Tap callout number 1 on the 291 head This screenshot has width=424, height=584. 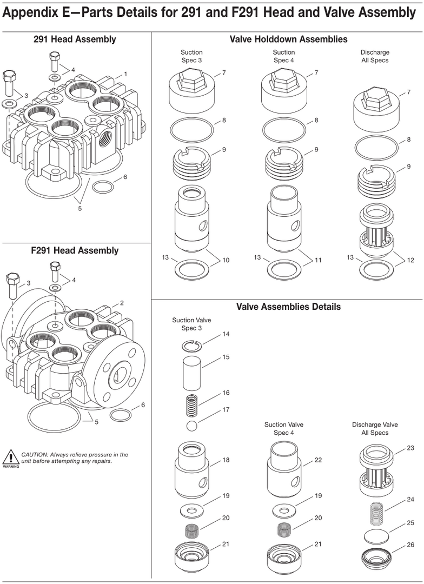click(x=125, y=74)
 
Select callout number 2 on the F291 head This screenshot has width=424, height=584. click(x=122, y=303)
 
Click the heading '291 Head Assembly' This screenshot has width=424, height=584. click(x=75, y=39)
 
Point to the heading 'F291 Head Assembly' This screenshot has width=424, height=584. click(x=75, y=250)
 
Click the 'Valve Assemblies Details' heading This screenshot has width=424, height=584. click(x=288, y=307)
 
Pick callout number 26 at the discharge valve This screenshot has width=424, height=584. click(x=410, y=545)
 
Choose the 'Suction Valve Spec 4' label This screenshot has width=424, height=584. click(x=283, y=429)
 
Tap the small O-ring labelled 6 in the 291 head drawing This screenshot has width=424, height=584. click(x=103, y=187)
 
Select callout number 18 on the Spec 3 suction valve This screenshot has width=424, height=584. click(x=226, y=460)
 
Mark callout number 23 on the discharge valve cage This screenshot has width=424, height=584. click(x=410, y=448)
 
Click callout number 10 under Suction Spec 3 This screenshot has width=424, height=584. click(x=226, y=260)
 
